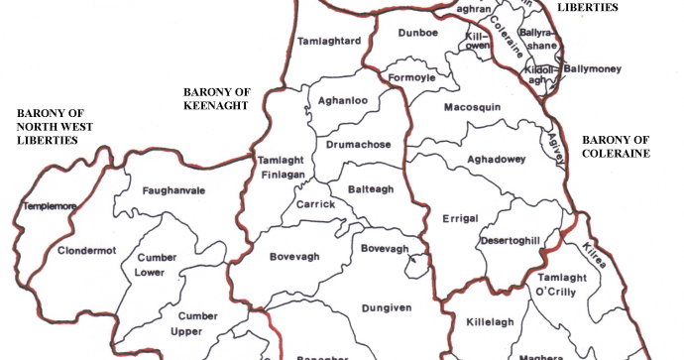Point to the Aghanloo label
(342, 100)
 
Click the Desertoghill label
(511, 241)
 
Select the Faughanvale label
(173, 189)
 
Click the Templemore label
(49, 207)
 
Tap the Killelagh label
(488, 323)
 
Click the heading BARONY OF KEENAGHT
(216, 98)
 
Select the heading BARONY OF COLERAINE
(616, 147)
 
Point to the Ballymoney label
(593, 69)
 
